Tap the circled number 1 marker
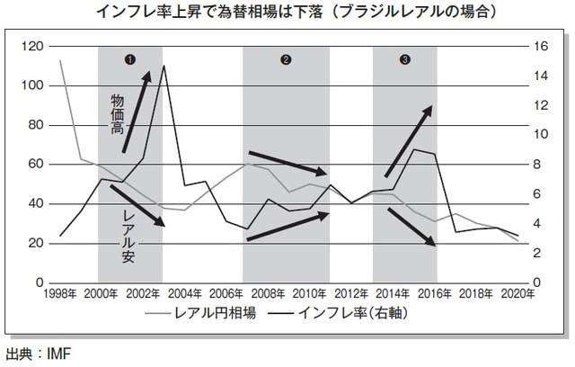point(130,59)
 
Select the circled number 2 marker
point(286,59)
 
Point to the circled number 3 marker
point(405,59)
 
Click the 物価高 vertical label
point(117,112)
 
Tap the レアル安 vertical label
point(128,229)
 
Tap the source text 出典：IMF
point(38,353)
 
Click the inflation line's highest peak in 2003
point(164,66)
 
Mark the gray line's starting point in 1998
point(60,61)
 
